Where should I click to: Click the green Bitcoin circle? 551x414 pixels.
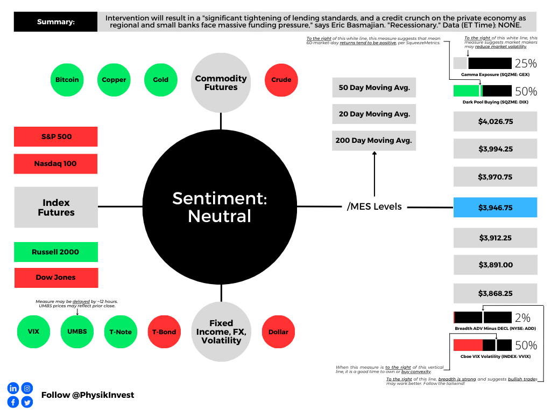click(67, 80)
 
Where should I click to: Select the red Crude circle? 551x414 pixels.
click(281, 80)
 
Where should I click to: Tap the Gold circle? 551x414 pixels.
click(160, 80)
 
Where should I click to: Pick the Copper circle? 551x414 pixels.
click(114, 80)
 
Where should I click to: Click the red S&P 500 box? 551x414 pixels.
click(56, 136)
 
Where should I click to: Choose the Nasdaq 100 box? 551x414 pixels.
click(55, 164)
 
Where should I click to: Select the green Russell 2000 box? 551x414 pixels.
click(56, 252)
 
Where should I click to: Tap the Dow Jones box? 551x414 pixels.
click(56, 278)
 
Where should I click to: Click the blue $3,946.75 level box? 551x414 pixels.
click(495, 208)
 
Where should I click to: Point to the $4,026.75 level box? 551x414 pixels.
click(495, 121)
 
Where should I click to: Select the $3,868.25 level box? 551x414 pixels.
click(495, 293)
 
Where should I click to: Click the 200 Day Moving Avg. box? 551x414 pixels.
click(374, 141)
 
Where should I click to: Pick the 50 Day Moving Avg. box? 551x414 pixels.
click(374, 87)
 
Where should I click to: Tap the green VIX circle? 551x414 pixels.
click(33, 332)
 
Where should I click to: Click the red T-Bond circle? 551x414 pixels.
click(164, 332)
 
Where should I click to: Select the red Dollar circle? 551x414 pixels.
click(278, 332)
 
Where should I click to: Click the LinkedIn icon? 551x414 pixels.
click(13, 388)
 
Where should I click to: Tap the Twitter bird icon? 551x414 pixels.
click(27, 402)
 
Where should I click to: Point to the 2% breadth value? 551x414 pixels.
click(522, 318)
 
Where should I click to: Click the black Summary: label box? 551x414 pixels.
click(55, 22)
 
